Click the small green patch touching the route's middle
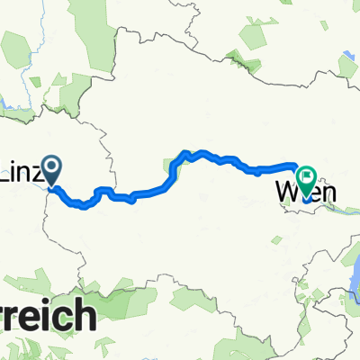[171, 166]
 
